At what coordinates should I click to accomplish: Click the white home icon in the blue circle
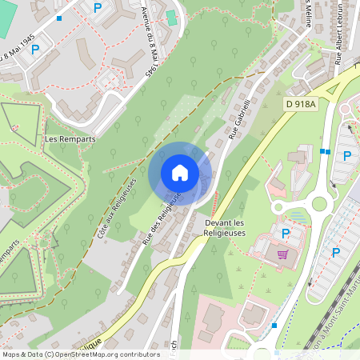click(180, 173)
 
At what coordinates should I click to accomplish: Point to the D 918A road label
click(301, 104)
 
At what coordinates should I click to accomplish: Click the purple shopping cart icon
click(282, 254)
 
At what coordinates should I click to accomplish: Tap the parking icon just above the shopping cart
click(286, 234)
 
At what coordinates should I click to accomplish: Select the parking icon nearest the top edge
click(98, 8)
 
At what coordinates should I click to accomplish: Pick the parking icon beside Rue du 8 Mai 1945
click(35, 49)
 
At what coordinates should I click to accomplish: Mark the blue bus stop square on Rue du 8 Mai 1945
click(59, 18)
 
